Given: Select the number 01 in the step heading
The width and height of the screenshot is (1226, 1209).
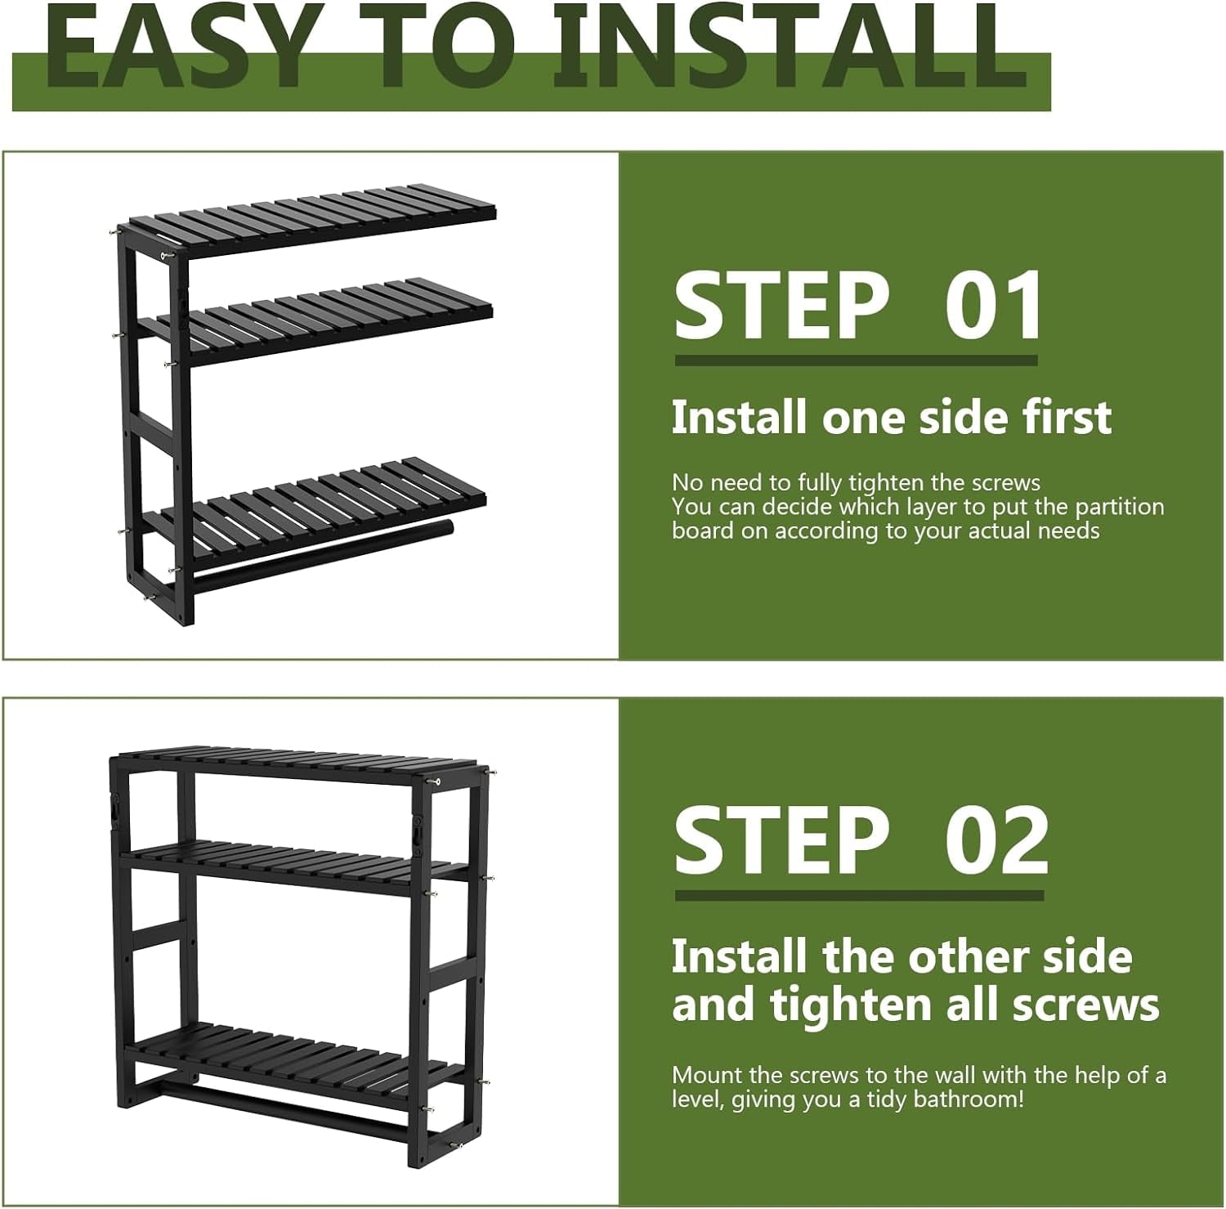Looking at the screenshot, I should [x=993, y=306].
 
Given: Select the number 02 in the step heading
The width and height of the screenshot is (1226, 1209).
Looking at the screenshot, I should [x=996, y=841].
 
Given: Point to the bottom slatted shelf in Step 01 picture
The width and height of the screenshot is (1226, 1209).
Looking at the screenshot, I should [x=327, y=503].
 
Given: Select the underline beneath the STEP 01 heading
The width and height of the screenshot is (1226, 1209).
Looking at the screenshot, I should [x=856, y=360].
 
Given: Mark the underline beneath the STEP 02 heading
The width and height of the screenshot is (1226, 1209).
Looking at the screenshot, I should [x=859, y=895].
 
